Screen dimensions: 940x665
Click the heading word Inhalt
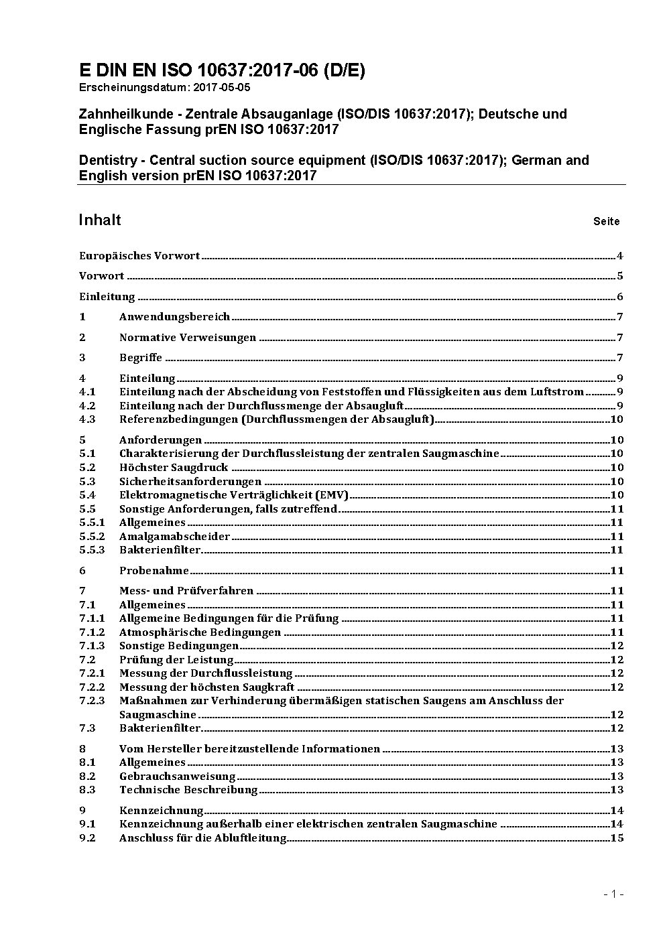[x=100, y=220]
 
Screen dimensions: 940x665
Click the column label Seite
[x=606, y=222]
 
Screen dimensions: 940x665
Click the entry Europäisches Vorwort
[x=139, y=255]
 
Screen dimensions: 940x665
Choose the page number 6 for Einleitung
[x=620, y=297]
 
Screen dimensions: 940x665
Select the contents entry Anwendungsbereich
[x=174, y=317]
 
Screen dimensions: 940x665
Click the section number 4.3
[x=87, y=419]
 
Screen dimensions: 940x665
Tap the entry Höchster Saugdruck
[x=174, y=468]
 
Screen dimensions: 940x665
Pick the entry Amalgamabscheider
[x=174, y=536]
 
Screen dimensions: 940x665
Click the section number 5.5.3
[x=92, y=550]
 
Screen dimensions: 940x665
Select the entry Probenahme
[x=154, y=571]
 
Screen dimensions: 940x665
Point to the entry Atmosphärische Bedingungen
[x=200, y=632]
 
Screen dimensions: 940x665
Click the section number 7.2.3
[x=92, y=701]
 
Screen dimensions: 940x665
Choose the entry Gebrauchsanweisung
[x=177, y=777]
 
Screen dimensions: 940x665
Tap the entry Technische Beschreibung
[x=188, y=790]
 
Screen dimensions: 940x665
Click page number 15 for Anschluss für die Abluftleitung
[x=617, y=838]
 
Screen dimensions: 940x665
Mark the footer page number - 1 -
[x=613, y=894]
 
